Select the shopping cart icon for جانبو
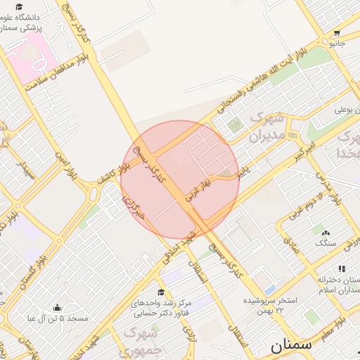click(x=337, y=32)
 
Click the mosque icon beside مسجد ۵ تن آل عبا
click(x=57, y=308)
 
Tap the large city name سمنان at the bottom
click(x=290, y=345)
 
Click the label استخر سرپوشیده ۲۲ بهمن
click(x=271, y=305)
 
